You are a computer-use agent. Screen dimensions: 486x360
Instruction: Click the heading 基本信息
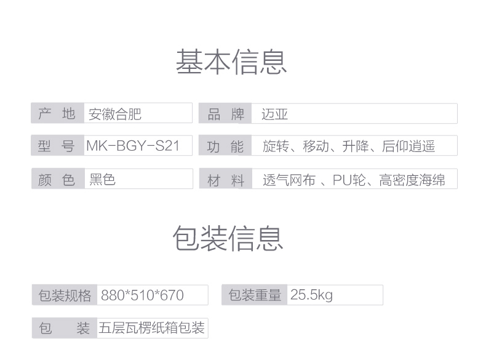(231, 62)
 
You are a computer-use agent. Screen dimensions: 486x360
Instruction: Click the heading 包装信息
(228, 238)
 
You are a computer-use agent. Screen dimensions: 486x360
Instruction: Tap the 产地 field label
(57, 114)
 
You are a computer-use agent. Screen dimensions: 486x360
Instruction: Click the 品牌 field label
(226, 114)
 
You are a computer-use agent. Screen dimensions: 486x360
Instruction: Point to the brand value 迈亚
(274, 114)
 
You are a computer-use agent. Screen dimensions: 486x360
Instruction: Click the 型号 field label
(57, 146)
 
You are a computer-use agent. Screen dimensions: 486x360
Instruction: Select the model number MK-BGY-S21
(133, 146)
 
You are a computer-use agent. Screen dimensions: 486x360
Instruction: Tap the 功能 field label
(226, 147)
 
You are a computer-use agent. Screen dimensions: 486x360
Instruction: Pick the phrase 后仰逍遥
(408, 146)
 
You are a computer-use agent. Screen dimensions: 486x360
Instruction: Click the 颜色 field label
(57, 180)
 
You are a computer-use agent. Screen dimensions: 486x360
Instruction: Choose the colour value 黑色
(102, 180)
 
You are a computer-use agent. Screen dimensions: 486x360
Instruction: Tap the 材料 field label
(226, 180)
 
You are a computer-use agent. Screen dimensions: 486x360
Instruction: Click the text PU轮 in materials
(350, 180)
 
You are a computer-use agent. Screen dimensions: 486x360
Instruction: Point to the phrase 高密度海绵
(412, 180)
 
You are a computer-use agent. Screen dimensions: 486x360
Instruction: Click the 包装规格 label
(65, 295)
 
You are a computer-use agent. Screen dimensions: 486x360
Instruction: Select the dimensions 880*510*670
(142, 295)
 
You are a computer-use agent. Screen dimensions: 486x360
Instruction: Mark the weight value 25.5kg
(311, 295)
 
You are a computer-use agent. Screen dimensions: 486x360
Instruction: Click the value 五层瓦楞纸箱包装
(151, 328)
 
